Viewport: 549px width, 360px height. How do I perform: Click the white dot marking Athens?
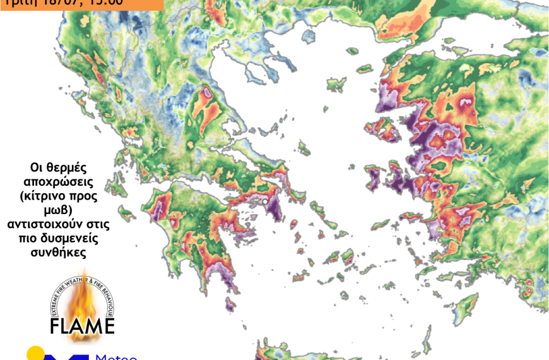(x=266, y=201)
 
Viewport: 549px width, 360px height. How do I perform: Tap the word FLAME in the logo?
(x=82, y=326)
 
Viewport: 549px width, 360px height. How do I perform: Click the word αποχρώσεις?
(x=58, y=182)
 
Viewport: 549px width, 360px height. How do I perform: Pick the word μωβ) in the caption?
(x=58, y=210)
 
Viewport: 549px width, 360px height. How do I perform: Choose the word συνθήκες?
(x=58, y=251)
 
